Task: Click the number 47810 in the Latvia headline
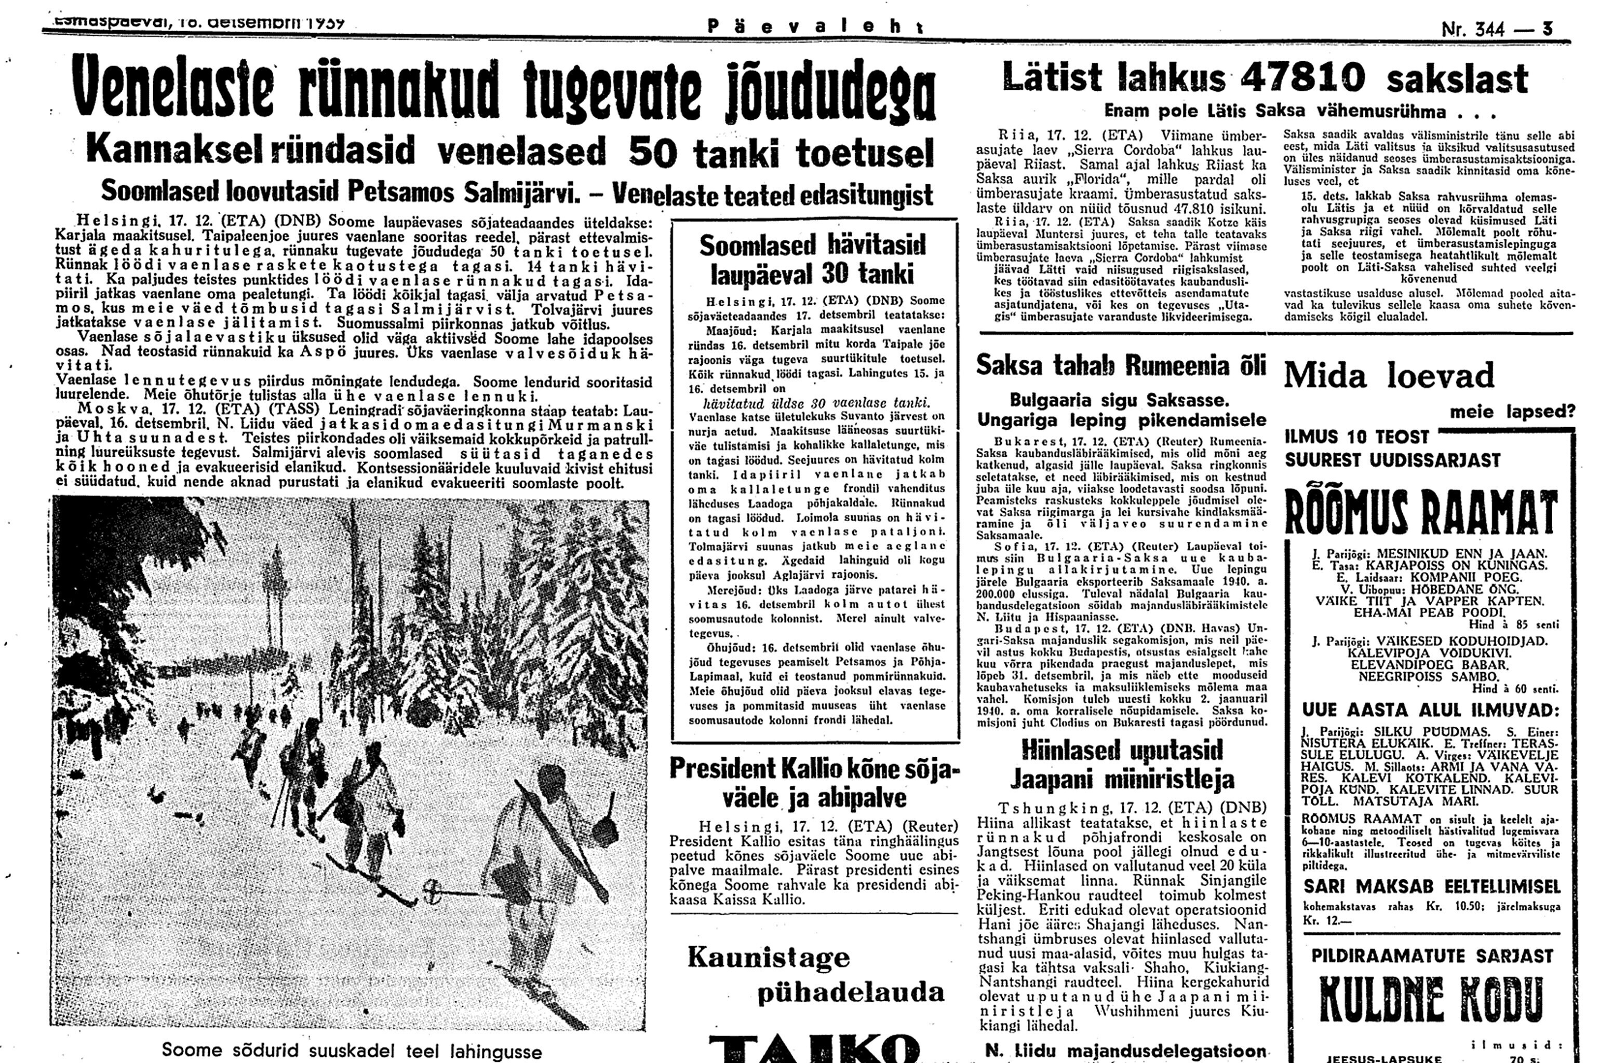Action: [1301, 79]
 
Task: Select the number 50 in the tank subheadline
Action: [654, 154]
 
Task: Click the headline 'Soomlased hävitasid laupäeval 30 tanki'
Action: [813, 259]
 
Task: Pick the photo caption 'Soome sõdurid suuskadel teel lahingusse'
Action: [352, 1051]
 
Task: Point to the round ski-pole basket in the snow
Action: [432, 888]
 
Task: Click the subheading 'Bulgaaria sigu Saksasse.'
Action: [1119, 399]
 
